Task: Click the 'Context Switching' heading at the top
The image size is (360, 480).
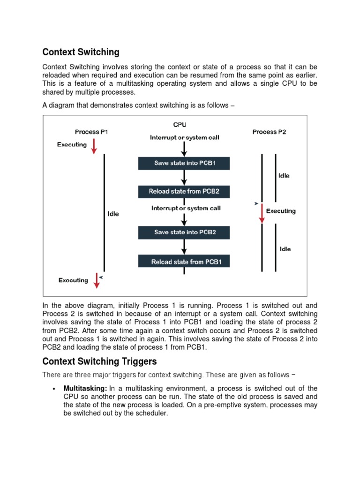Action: pyautogui.click(x=81, y=52)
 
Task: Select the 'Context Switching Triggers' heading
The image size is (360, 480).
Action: pyautogui.click(x=99, y=361)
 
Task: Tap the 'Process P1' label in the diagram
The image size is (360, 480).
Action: pyautogui.click(x=91, y=132)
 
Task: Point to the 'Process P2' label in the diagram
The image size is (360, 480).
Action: pyautogui.click(x=269, y=132)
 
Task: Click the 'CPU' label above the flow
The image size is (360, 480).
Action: pyautogui.click(x=180, y=125)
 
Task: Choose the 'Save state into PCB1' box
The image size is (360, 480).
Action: pyautogui.click(x=184, y=163)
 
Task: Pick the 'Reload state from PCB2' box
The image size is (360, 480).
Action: pyautogui.click(x=184, y=191)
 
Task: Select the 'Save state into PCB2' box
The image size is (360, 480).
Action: pyautogui.click(x=184, y=232)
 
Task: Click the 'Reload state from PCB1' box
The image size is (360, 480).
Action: pyautogui.click(x=184, y=262)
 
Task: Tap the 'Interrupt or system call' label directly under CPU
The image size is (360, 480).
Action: pyautogui.click(x=184, y=137)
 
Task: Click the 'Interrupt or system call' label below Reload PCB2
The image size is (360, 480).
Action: pyautogui.click(x=186, y=208)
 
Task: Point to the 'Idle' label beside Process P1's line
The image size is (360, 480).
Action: pyautogui.click(x=113, y=214)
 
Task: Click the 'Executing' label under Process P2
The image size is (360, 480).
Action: pyautogui.click(x=281, y=211)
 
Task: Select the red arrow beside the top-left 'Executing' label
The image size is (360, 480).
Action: pyautogui.click(x=94, y=145)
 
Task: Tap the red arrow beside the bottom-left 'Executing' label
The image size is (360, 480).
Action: pyautogui.click(x=97, y=280)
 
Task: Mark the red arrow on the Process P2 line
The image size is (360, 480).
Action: pyautogui.click(x=262, y=214)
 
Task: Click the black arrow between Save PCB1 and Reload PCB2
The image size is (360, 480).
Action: pyautogui.click(x=184, y=177)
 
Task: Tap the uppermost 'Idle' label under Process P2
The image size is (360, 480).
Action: pyautogui.click(x=284, y=176)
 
